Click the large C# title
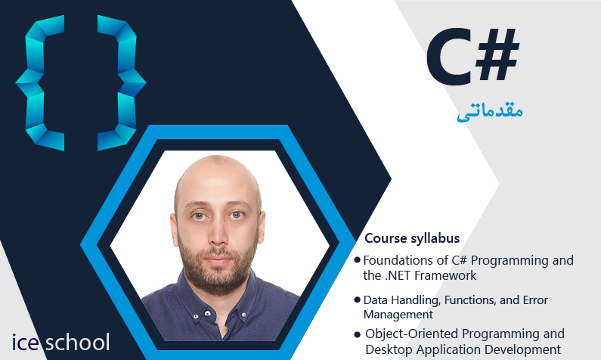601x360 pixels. click(x=473, y=57)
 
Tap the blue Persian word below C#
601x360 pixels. click(x=489, y=112)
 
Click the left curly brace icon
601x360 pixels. click(x=40, y=82)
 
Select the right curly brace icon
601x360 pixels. click(x=122, y=82)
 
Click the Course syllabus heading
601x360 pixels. click(x=412, y=238)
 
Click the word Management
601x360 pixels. click(x=398, y=315)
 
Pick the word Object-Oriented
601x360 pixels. click(x=414, y=334)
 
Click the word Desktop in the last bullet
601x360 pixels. click(x=389, y=349)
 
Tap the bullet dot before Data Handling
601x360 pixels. click(x=358, y=299)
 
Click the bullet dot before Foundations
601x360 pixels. click(x=358, y=260)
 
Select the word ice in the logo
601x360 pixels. click(x=25, y=343)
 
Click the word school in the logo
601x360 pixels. click(x=77, y=342)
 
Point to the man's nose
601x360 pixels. click(x=218, y=234)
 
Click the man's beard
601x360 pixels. click(x=218, y=268)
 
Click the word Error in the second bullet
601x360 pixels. click(x=535, y=300)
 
